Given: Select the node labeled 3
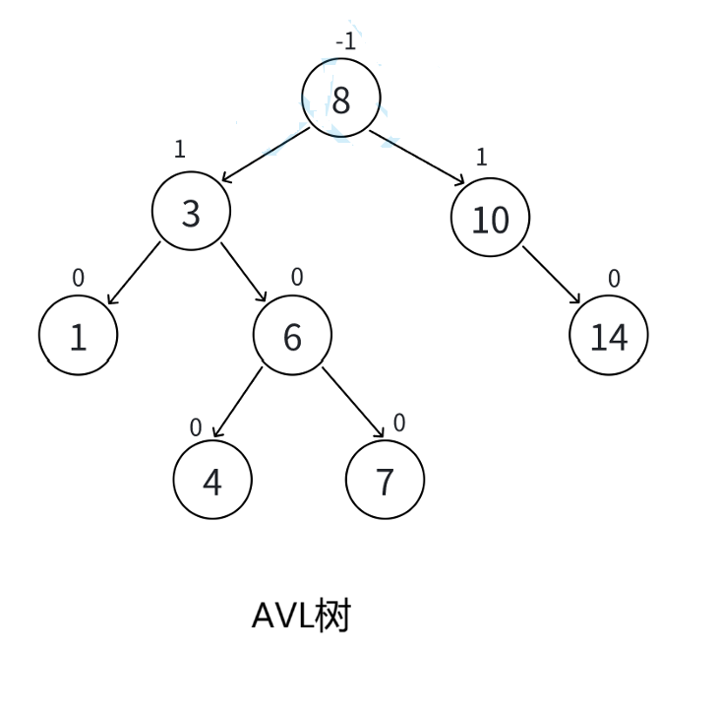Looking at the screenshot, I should coord(191,212).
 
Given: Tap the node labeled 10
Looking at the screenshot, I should coord(490,219).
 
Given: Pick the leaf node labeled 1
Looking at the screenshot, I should coord(78,337).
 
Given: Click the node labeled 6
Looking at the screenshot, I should coord(292,336).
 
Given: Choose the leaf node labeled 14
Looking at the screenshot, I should coord(609,336).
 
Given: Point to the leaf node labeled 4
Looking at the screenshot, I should coord(212,481).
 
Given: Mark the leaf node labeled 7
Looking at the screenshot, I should coord(385,481).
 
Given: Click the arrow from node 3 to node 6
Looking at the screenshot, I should coord(244,272).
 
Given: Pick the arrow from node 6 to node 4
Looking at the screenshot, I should coord(238,402).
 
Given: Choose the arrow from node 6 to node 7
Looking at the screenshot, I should coord(353,402).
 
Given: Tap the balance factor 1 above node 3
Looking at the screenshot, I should coord(179,149).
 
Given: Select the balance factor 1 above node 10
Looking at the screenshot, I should coord(481,157).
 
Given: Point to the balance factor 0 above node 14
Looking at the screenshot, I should coord(614,279).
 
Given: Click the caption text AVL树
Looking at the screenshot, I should coord(301,617).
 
